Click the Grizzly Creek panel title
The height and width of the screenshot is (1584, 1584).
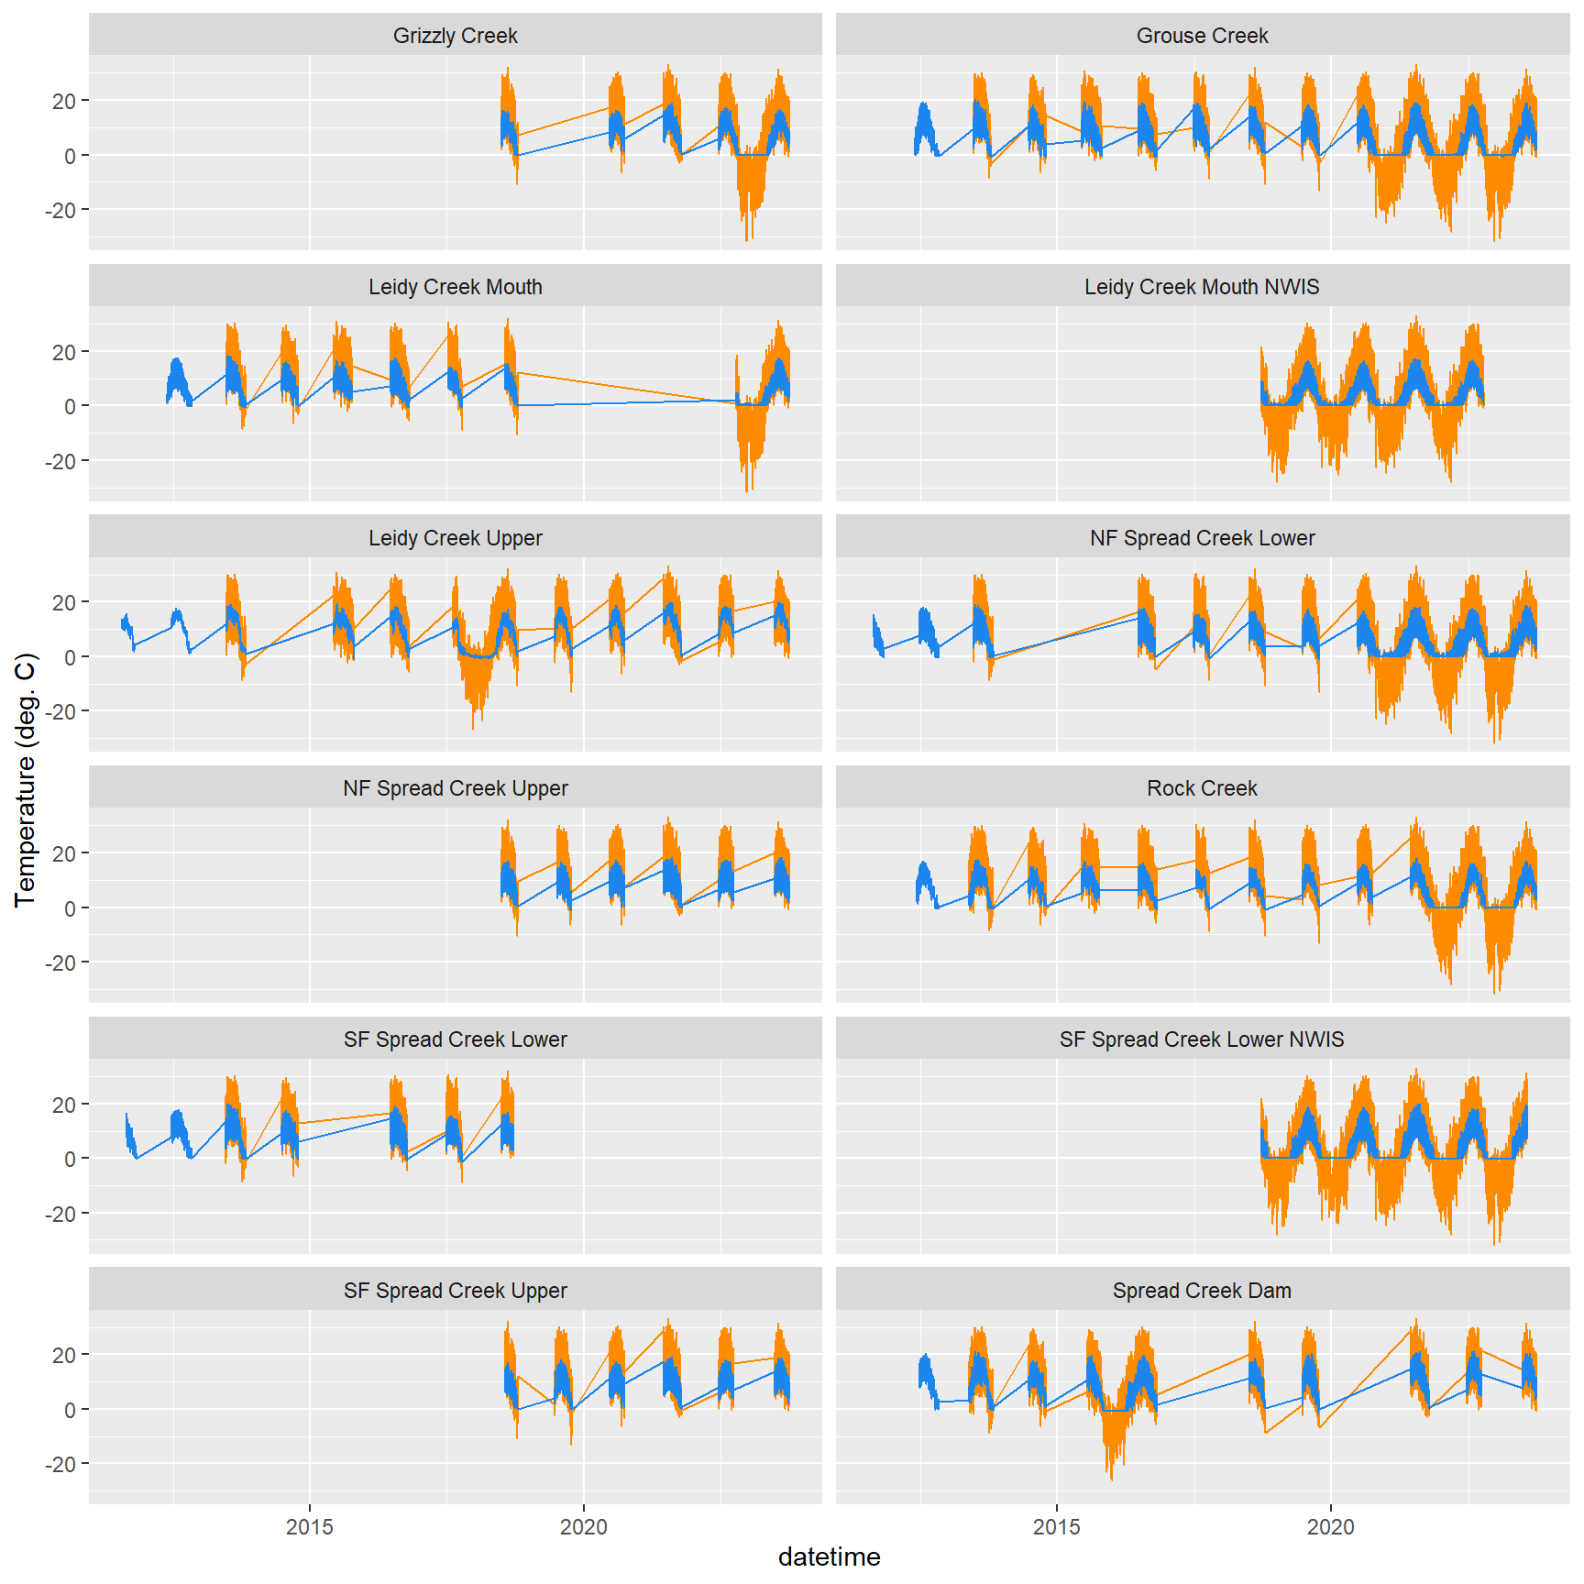pyautogui.click(x=455, y=36)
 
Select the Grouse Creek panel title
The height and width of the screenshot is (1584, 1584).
pyautogui.click(x=1202, y=36)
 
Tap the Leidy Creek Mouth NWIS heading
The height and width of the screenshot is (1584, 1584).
pyautogui.click(x=1202, y=287)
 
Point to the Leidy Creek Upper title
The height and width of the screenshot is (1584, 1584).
pyautogui.click(x=455, y=538)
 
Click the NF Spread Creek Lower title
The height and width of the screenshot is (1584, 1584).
pyautogui.click(x=1202, y=538)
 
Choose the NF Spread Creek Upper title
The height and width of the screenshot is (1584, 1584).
pyautogui.click(x=455, y=788)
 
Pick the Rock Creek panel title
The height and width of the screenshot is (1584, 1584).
pyautogui.click(x=1202, y=788)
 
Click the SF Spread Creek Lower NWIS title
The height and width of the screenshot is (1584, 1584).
pyautogui.click(x=1202, y=1039)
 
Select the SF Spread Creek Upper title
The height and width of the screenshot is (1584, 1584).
pyautogui.click(x=455, y=1291)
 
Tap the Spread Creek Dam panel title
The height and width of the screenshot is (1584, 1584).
pyautogui.click(x=1202, y=1291)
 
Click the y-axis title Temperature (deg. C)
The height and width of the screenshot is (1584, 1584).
pyautogui.click(x=25, y=780)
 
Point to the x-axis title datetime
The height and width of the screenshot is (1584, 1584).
pyautogui.click(x=829, y=1556)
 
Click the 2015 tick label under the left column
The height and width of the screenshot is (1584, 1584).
pyautogui.click(x=310, y=1527)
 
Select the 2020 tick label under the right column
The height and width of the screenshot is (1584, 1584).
pyautogui.click(x=1330, y=1527)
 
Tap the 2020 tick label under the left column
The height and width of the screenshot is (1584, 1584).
pyautogui.click(x=584, y=1527)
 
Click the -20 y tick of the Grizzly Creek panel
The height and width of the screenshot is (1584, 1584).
pyautogui.click(x=61, y=210)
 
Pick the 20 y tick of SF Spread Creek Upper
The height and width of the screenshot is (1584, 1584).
pyautogui.click(x=64, y=1355)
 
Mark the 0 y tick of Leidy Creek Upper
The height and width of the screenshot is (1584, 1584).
pyautogui.click(x=71, y=657)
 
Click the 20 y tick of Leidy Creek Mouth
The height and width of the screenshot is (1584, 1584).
pyautogui.click(x=64, y=352)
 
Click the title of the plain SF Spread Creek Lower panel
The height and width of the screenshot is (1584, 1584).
pyautogui.click(x=455, y=1039)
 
